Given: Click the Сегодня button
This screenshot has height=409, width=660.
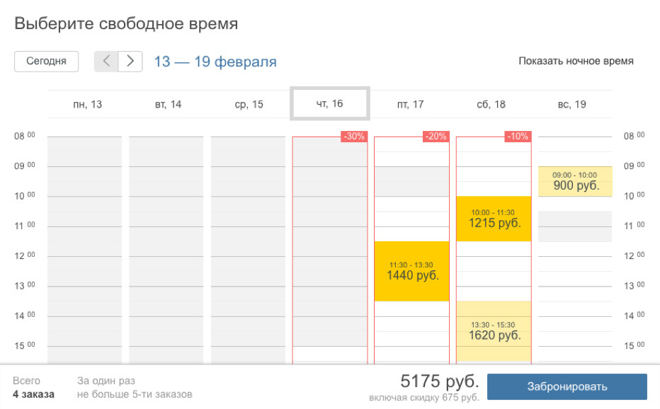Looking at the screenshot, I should (x=46, y=61).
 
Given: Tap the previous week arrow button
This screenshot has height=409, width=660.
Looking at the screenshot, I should (x=106, y=62).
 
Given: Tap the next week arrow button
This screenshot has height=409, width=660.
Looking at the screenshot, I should (x=130, y=62).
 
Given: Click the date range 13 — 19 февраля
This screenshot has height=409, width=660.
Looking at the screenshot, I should (x=215, y=62).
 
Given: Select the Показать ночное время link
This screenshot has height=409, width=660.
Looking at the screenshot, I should (x=576, y=61).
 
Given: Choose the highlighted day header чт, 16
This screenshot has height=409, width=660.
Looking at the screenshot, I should (x=329, y=104).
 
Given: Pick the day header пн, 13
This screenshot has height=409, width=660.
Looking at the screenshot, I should (x=87, y=104).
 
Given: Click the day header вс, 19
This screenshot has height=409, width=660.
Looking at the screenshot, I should (x=571, y=104).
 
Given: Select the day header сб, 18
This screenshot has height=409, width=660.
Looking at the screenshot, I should (x=491, y=104).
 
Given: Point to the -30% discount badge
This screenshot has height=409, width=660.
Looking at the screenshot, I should (x=353, y=137).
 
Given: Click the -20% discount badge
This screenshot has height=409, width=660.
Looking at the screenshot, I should (x=435, y=137).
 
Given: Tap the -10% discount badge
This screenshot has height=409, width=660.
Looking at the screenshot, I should (x=517, y=137).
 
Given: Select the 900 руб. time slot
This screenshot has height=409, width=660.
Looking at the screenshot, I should (x=575, y=182).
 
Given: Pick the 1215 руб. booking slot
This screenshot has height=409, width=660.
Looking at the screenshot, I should (x=494, y=219).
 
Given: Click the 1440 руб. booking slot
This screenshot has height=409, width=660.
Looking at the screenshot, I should (x=412, y=271).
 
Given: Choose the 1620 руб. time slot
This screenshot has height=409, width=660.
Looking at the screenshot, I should (x=494, y=331).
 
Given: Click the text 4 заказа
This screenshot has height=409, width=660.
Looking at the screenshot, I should (x=33, y=394).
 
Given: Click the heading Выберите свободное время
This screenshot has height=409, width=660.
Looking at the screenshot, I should (x=126, y=23).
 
